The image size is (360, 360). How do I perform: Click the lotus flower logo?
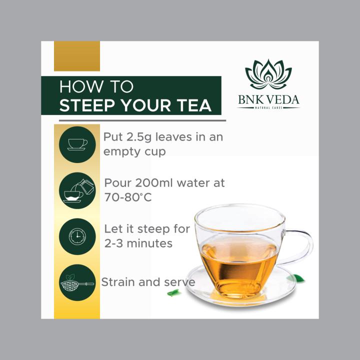[268, 74]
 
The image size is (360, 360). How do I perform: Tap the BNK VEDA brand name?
[268, 100]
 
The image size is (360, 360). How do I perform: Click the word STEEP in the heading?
[87, 105]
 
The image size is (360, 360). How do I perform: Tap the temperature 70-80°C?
[128, 197]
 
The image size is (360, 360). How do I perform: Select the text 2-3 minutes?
[138, 243]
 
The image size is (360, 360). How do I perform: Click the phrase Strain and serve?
[148, 282]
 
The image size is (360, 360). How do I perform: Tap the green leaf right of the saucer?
[299, 278]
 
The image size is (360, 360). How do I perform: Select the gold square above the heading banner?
[77, 56]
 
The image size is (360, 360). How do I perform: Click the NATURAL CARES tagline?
[268, 107]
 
